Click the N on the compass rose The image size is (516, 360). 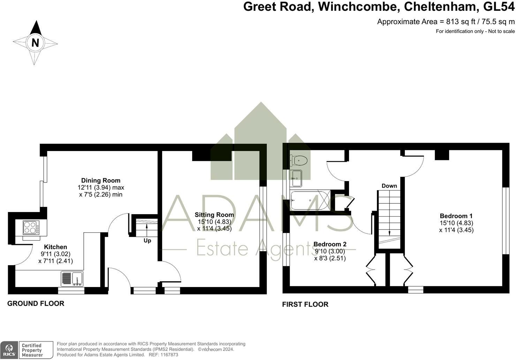pos(35,43)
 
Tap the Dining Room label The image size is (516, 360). pos(101,180)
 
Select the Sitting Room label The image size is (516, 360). pos(214,215)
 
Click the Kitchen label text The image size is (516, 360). pos(55,247)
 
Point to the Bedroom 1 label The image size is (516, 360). pos(456,216)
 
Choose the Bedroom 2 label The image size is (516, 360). pos(330,244)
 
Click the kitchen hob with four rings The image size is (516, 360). pos(31,228)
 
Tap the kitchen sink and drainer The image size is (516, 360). pos(72,279)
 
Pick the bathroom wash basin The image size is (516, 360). pos(297,178)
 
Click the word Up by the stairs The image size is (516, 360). pos(147,241)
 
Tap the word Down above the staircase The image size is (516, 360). pos(389,186)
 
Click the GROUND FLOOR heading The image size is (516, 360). pos(36,303)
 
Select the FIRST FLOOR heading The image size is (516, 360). pos(305,304)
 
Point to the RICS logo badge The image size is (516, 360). pos(9,350)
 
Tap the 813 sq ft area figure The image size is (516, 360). pos(461,22)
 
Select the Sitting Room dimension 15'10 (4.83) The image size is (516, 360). pos(214,222)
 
